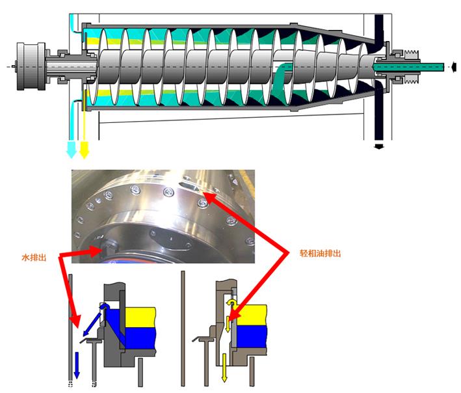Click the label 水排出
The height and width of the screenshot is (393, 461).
tap(34, 258)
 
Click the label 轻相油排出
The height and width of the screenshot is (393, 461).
tap(320, 253)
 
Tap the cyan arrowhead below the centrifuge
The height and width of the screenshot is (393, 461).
tap(72, 150)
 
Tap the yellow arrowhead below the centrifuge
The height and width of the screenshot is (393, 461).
tap(84, 150)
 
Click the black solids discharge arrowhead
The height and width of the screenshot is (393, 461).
tap(379, 146)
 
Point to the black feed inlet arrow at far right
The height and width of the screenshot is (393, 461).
tap(454, 67)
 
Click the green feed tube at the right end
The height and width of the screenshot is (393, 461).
tap(409, 67)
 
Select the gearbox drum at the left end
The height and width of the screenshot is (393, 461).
tap(31, 66)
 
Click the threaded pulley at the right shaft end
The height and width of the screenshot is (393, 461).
tap(412, 67)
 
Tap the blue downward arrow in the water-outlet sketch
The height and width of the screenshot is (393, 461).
tap(77, 366)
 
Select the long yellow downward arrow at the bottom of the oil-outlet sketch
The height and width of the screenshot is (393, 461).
tap(224, 368)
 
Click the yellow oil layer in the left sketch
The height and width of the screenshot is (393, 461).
tap(140, 318)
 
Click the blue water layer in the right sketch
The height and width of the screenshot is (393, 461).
tap(252, 336)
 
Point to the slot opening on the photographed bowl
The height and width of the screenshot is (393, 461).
tap(189, 186)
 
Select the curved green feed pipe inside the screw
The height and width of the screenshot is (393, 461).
tap(282, 81)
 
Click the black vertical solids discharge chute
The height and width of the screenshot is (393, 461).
tap(379, 79)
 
